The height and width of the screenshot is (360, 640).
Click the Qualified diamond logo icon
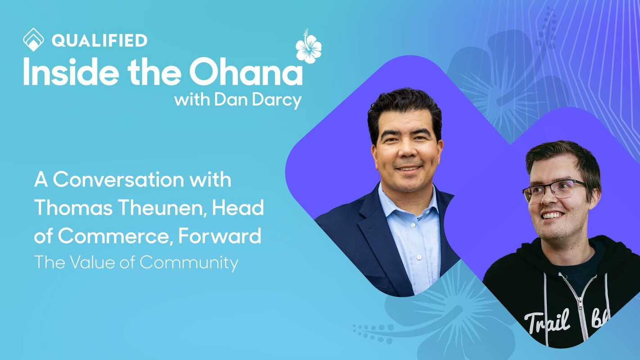pyautogui.click(x=33, y=40)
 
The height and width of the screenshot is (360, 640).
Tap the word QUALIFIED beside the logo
pyautogui.click(x=99, y=40)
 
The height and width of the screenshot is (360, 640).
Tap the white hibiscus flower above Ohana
pyautogui.click(x=309, y=47)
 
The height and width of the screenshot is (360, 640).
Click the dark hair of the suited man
pyautogui.click(x=404, y=106)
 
